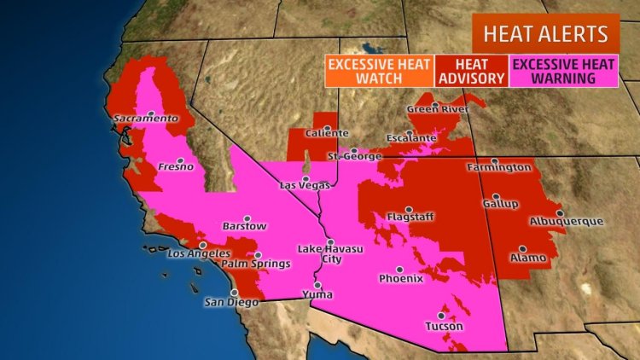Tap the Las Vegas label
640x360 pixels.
pos(305,185)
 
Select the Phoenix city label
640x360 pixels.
pos(401,278)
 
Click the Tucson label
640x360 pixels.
pos(444,327)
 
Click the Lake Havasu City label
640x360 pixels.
pos(323,253)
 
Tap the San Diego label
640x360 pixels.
pos(230,302)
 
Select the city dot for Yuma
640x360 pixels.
pos(317,284)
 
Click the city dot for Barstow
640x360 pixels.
pos(247,217)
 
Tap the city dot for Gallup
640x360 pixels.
pos(495,196)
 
